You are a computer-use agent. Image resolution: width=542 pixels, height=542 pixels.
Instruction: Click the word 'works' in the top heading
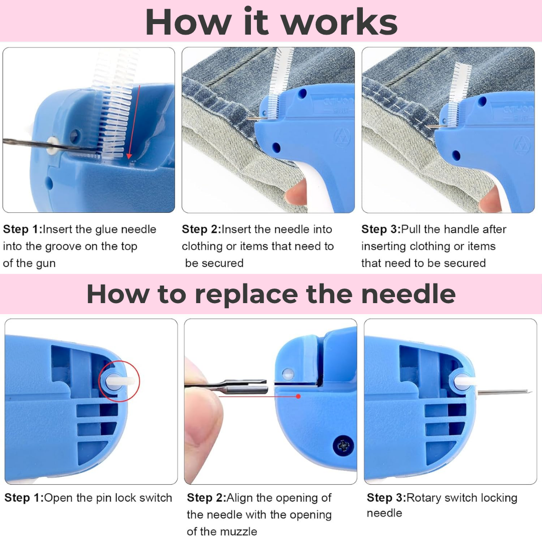pyautogui.click(x=340, y=22)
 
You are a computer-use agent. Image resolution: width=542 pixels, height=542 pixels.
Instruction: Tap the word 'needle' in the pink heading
pyautogui.click(x=408, y=294)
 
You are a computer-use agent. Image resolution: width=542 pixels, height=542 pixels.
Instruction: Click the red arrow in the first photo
pyautogui.click(x=134, y=121)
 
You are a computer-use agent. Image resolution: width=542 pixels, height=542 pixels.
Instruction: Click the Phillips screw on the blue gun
pyautogui.click(x=343, y=445)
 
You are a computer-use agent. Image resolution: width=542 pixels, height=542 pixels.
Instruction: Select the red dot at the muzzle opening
pyautogui.click(x=298, y=396)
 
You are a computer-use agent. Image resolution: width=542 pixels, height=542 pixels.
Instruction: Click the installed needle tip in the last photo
pyautogui.click(x=529, y=391)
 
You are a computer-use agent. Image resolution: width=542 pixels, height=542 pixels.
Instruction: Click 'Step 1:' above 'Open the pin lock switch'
pyautogui.click(x=24, y=497)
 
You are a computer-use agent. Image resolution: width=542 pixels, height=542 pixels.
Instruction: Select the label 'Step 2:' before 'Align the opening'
pyautogui.click(x=206, y=497)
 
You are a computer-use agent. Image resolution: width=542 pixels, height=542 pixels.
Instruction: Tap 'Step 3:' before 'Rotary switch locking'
pyautogui.click(x=386, y=497)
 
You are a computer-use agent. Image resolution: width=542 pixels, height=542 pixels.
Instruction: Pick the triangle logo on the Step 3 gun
pyautogui.click(x=522, y=145)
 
